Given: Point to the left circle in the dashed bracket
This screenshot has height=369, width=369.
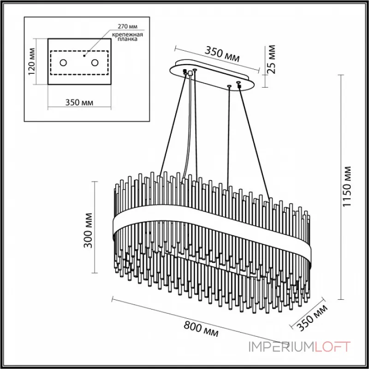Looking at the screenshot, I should coord(63,62).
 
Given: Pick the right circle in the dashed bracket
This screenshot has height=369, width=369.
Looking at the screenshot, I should coord(95,62).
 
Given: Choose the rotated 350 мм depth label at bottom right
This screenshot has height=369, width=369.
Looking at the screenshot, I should coord(313,318).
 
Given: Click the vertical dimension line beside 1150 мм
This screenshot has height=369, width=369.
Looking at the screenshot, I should coord(340,184).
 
